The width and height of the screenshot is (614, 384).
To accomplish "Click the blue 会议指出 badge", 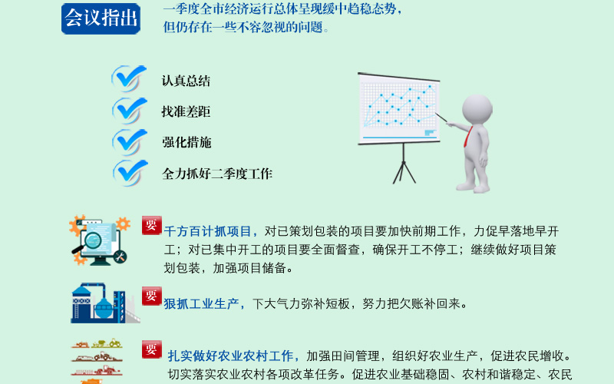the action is coord(101,18).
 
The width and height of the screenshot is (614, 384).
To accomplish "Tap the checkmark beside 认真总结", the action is coord(129,78).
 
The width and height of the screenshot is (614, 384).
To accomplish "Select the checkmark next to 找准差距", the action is coord(129,111).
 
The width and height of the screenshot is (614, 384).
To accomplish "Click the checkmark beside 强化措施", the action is coord(130,142).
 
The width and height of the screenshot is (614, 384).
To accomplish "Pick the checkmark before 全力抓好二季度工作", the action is coord(130,173).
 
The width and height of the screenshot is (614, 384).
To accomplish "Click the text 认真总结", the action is coord(186,81).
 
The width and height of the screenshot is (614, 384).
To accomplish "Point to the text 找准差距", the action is coord(186,111).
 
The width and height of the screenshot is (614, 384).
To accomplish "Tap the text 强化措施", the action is coord(187,142).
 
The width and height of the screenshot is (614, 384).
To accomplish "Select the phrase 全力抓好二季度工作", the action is coord(217,174).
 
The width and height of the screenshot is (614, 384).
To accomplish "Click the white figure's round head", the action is coord(477,109).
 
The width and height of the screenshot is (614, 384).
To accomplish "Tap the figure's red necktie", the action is coord(468,137).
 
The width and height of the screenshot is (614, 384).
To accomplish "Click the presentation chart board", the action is coord(399,108).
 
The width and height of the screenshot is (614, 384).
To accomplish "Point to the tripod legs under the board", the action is coord(404,164).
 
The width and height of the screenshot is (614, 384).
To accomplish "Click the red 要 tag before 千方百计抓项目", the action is coord(151,225).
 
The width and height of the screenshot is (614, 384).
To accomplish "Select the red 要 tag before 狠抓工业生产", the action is coord(151,296).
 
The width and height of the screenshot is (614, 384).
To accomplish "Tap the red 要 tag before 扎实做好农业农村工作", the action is coord(151,349).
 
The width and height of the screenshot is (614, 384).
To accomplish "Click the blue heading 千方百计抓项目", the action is coord(208,231).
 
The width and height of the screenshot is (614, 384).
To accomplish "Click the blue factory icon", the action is coord(105,303).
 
